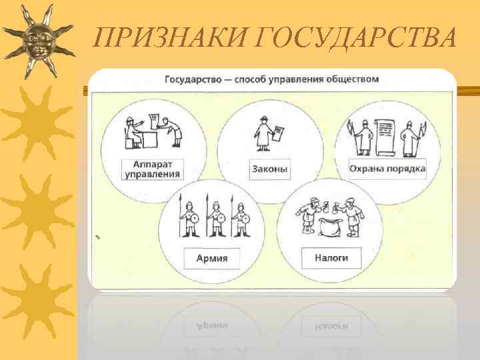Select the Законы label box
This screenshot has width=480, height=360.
[x=270, y=169]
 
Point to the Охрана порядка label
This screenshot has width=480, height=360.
[x=388, y=169]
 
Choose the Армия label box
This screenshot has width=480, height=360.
[x=211, y=257]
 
